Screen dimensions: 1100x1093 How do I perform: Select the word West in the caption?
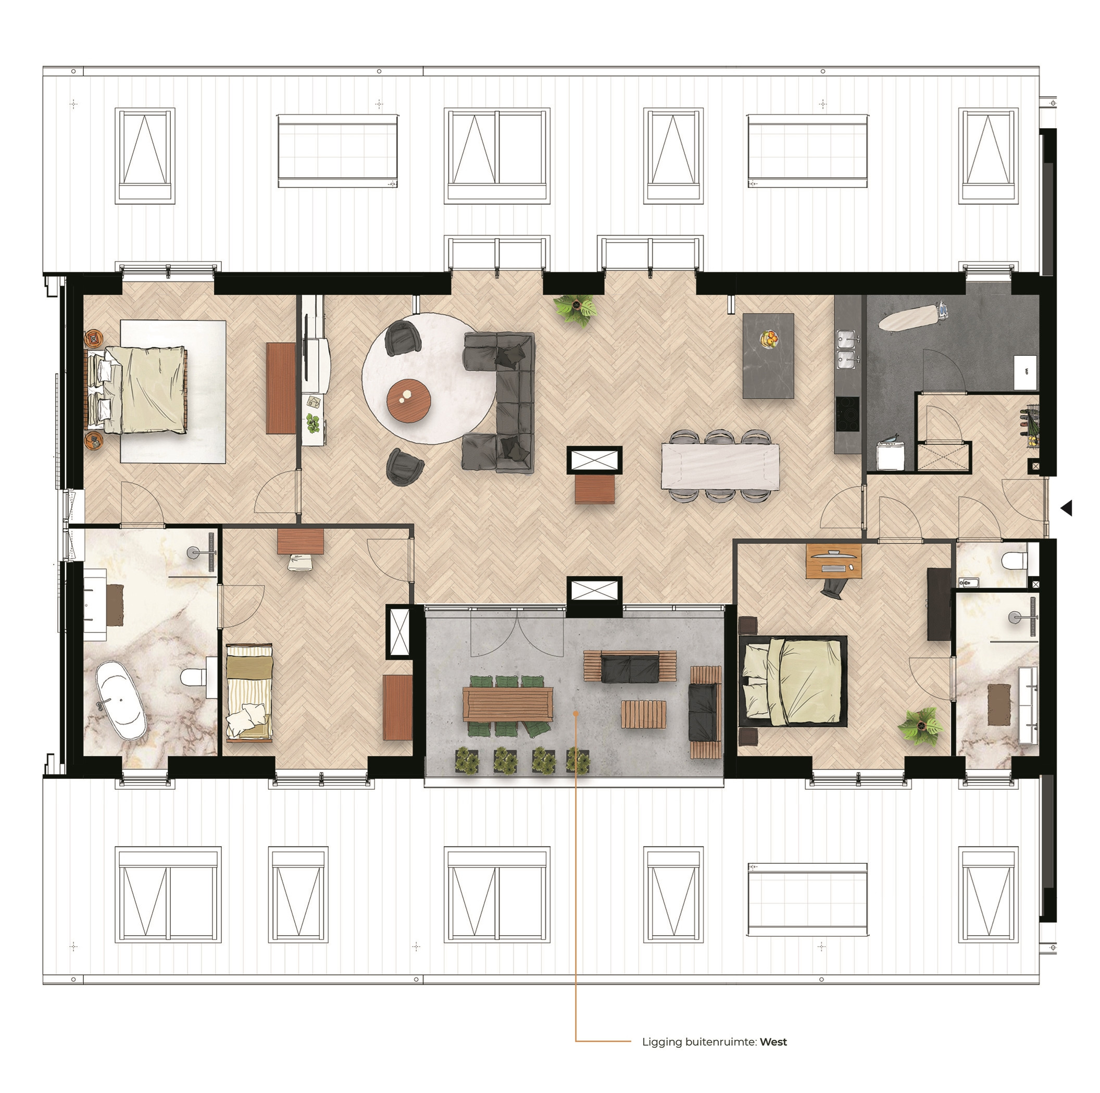(773, 1042)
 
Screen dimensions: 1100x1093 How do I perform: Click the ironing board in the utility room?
(913, 317)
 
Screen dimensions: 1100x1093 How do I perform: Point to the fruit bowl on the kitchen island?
(769, 340)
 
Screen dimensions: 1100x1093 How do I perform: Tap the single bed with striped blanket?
(249, 692)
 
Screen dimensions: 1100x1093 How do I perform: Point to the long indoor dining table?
(720, 466)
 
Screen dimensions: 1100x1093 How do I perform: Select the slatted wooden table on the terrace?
(643, 714)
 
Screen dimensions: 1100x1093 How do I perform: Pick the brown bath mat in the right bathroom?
(998, 704)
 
